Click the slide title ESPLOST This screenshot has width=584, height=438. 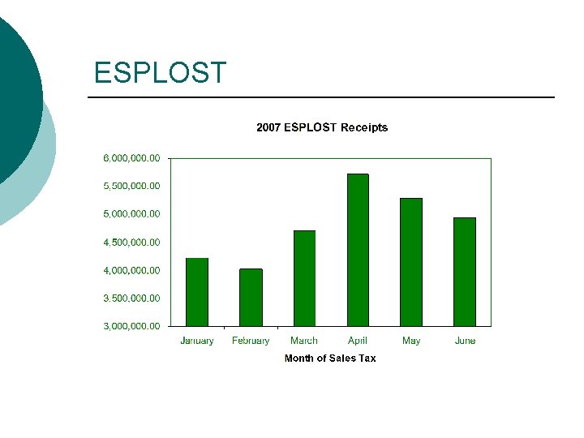160,73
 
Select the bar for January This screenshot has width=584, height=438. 197,292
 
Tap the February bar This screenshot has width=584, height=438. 251,297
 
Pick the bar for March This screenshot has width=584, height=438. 304,278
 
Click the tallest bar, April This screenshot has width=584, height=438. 358,250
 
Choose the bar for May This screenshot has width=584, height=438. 411,262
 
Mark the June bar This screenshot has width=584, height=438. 465,272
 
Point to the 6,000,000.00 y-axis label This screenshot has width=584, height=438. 131,157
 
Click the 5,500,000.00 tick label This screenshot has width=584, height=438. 131,186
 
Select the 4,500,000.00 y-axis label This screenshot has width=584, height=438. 131,242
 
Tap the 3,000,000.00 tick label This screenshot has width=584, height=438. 131,326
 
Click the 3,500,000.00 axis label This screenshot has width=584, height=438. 131,298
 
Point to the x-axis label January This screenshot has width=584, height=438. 197,341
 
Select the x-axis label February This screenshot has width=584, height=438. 251,341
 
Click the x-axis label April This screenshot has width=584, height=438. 358,341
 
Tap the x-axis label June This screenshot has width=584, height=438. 465,341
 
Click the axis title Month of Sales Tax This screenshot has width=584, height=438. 330,358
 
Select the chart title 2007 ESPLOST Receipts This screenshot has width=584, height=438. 322,127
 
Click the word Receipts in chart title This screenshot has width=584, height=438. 364,127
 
